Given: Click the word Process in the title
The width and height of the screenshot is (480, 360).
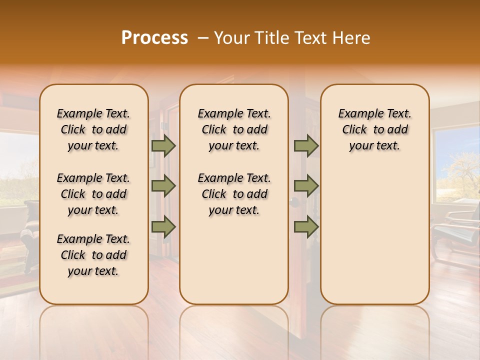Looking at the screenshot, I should click(154, 38).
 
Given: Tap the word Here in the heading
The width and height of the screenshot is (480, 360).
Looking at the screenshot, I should click(351, 38).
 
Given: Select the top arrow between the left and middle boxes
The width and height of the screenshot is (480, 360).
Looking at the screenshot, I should click(163, 145).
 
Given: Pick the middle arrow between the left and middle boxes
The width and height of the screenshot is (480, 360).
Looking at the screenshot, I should click(163, 186).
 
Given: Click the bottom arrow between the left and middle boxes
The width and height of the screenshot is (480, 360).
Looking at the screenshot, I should click(163, 226).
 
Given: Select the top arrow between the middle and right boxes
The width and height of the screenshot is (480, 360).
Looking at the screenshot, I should click(306, 145).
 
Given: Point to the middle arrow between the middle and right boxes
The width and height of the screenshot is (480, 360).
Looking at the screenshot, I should click(306, 186).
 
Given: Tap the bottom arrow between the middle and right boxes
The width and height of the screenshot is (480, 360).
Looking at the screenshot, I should click(306, 226).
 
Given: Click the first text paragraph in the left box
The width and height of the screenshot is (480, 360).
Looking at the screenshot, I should click(93, 129).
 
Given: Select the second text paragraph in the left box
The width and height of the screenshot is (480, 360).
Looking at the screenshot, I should click(93, 194).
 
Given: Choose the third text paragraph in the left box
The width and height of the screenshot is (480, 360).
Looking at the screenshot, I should click(93, 255).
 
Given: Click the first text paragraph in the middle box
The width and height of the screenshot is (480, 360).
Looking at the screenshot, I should click(234, 129).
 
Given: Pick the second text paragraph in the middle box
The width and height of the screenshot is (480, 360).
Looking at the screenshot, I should click(234, 194).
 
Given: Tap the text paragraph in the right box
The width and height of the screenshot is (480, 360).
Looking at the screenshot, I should click(375, 129).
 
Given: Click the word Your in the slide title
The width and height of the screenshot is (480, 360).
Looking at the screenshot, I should click(231, 38).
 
